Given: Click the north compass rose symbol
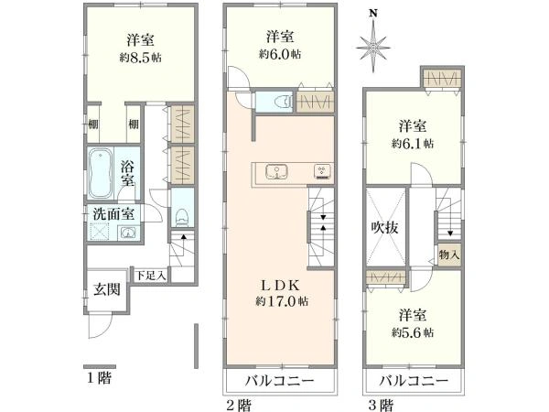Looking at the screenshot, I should pyautogui.click(x=372, y=44).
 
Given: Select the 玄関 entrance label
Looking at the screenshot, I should pyautogui.click(x=107, y=291).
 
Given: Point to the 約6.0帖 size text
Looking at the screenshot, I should pyautogui.click(x=280, y=54).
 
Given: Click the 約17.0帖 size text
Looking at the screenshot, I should pyautogui.click(x=282, y=300).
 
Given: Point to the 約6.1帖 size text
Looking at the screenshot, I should pyautogui.click(x=414, y=144).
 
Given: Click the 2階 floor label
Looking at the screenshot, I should pyautogui.click(x=239, y=403).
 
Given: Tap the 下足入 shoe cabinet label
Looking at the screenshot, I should pyautogui.click(x=150, y=274).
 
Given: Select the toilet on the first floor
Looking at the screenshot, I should pyautogui.click(x=181, y=215).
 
